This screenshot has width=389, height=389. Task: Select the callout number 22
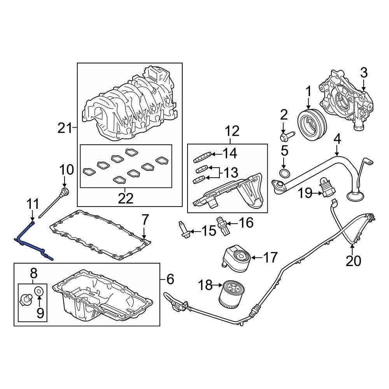pyautogui.click(x=125, y=198)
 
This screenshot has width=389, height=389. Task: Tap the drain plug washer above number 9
pyautogui.click(x=39, y=291)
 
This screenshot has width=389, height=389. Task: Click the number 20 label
pyautogui.click(x=353, y=261)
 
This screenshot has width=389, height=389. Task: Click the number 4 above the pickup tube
pyautogui.click(x=337, y=138)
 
